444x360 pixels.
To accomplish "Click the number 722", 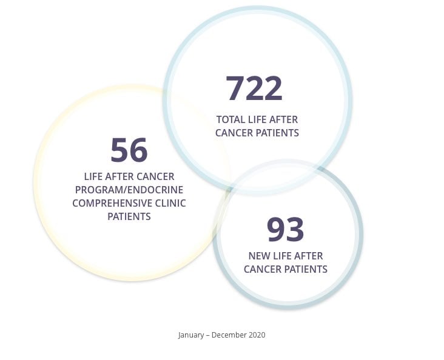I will click(254, 88).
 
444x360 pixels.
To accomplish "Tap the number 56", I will click(129, 150).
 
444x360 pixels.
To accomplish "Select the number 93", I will click(285, 229).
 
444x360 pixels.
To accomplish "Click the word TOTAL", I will click(230, 120).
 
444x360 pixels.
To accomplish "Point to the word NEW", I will click(260, 256).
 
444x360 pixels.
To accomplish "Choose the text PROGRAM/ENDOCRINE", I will click(129, 190).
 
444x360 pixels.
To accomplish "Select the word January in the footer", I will click(192, 335).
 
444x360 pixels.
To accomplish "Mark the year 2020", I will click(257, 335).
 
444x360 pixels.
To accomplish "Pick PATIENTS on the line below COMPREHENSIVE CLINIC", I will click(129, 216).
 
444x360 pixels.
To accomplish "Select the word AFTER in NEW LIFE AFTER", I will click(309, 256).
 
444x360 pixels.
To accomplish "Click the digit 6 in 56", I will click(139, 150).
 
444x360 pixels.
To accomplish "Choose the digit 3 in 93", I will click(295, 229).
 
